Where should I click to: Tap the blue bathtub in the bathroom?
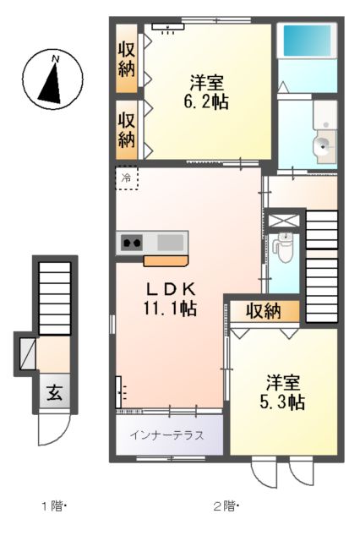tap(307, 40)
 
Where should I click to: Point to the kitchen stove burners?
tap(132, 243)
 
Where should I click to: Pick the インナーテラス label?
tap(167, 436)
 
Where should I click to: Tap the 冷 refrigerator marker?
tap(126, 178)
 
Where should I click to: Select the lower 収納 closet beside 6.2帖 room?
tap(127, 128)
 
